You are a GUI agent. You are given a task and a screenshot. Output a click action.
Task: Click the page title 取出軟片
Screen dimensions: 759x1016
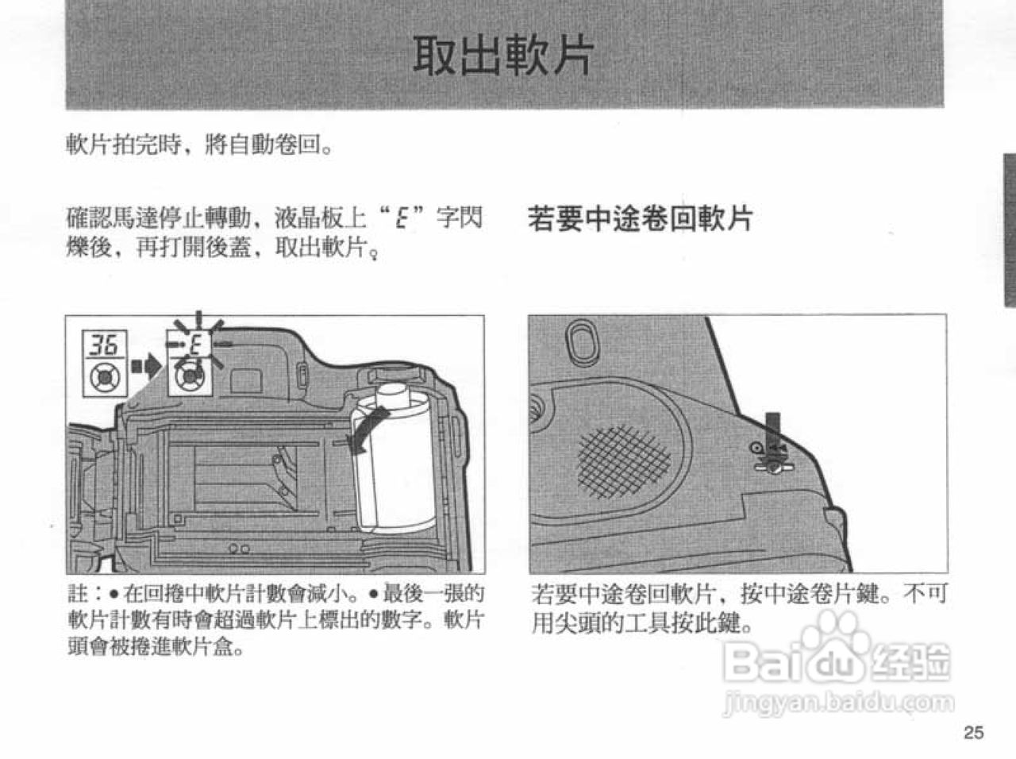(x=503, y=56)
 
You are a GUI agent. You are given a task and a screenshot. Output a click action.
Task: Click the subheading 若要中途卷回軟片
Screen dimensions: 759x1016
(x=640, y=218)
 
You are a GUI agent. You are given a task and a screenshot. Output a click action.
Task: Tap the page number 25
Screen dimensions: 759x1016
(x=973, y=732)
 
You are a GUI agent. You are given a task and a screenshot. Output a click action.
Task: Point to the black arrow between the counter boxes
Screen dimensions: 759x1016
(x=147, y=366)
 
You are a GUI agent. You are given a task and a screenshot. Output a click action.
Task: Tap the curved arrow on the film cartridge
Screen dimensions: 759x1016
(x=367, y=429)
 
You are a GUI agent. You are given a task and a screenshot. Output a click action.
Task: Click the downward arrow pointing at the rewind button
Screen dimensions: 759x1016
(x=773, y=429)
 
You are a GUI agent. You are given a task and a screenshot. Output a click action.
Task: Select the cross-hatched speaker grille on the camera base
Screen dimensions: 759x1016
(x=624, y=458)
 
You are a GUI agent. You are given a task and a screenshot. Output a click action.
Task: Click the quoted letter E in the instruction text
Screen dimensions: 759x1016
(x=402, y=217)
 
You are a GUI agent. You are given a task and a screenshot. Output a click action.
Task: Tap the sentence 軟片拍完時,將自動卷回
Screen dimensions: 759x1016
(x=198, y=145)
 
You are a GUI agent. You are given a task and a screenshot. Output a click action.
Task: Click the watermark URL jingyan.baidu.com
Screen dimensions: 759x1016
(x=839, y=702)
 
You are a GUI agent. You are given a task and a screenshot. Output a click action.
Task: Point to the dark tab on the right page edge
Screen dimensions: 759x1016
(x=1009, y=229)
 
